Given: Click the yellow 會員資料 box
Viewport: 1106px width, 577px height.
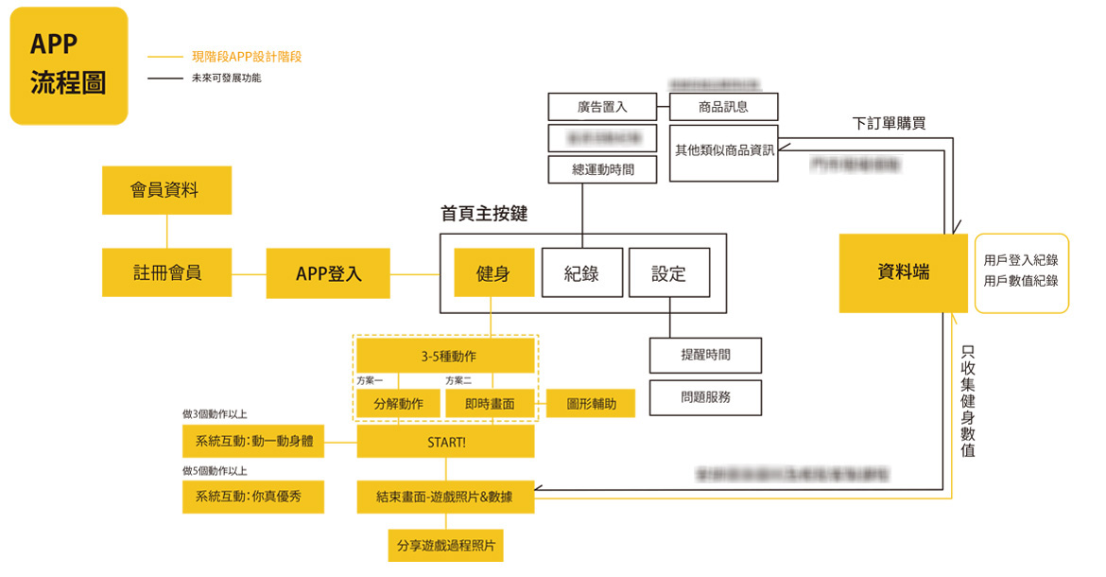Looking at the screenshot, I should [x=166, y=190].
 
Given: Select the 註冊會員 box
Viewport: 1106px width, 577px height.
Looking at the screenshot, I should [x=166, y=272].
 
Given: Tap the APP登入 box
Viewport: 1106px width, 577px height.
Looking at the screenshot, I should [x=328, y=274].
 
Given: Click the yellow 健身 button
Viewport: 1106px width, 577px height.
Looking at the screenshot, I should [x=493, y=273].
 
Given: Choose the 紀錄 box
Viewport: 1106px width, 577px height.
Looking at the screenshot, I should [x=582, y=273].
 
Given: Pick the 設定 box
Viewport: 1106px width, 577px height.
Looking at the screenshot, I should [x=668, y=273].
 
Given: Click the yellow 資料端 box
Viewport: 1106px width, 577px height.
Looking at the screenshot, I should [x=903, y=272].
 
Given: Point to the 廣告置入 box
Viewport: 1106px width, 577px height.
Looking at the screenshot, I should [x=602, y=107].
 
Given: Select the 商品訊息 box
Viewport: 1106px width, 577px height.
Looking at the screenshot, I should [x=723, y=107].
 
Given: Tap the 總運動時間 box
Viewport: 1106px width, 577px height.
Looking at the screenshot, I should [x=602, y=170].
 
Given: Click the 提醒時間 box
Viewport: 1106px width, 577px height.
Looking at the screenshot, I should [x=705, y=355].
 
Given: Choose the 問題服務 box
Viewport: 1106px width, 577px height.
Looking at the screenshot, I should [x=705, y=397].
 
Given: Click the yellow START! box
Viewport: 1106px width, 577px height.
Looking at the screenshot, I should [x=445, y=442].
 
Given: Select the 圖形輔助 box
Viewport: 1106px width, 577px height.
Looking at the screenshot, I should [x=591, y=404].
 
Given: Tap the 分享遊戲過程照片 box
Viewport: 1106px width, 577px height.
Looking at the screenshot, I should [x=445, y=546].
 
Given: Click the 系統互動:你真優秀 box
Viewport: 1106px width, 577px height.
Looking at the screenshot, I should [x=252, y=497].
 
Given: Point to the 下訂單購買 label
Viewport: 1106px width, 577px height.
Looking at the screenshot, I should [x=889, y=123].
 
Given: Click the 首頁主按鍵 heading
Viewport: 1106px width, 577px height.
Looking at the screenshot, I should [x=484, y=214].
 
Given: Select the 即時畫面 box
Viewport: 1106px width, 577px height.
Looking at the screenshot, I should [x=490, y=404].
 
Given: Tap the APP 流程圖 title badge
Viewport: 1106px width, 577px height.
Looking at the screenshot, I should [x=68, y=65].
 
